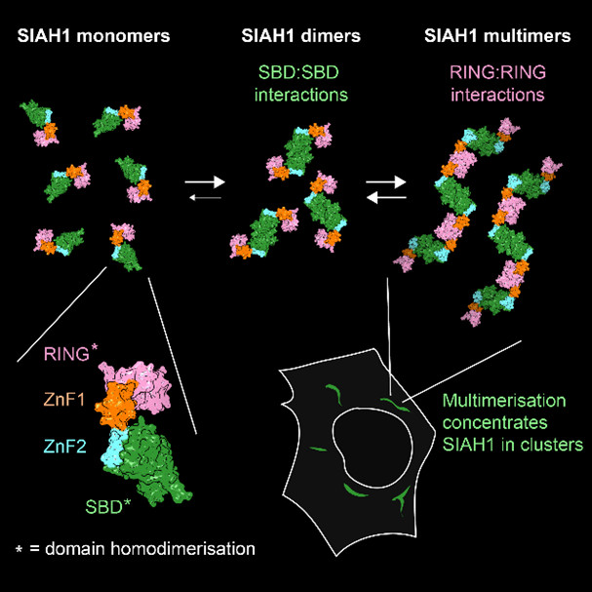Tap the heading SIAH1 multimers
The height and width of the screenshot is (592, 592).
(496, 38)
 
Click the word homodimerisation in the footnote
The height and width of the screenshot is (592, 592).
(178, 548)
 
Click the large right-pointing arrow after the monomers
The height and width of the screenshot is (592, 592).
(206, 181)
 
